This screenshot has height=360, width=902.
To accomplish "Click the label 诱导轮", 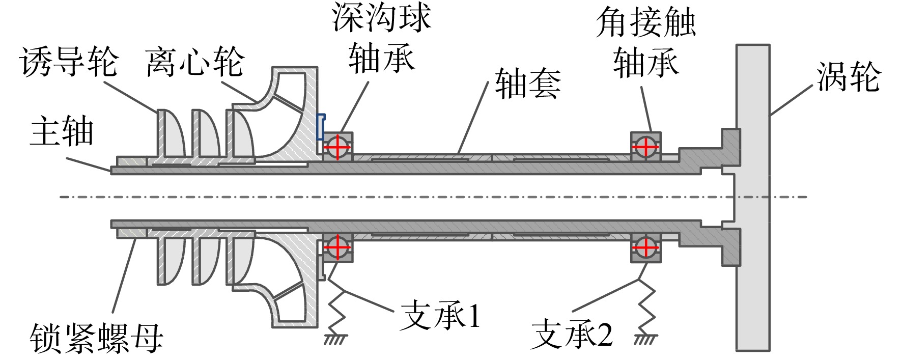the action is point(69,62).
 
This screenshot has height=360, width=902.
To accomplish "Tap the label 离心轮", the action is point(195,62).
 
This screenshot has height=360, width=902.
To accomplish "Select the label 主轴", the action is point(62,131).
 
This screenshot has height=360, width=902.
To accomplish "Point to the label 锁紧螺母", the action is point(97,338).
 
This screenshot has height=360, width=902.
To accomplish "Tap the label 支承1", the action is point(440,316).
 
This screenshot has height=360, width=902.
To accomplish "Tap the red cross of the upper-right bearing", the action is point(645,147).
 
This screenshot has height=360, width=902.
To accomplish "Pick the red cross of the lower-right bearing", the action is point(645,247).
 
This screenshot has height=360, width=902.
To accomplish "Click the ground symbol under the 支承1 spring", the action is point(336,339).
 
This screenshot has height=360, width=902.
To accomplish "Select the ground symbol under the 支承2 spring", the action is point(646,339).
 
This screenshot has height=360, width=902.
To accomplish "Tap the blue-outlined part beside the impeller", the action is point(321,127).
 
